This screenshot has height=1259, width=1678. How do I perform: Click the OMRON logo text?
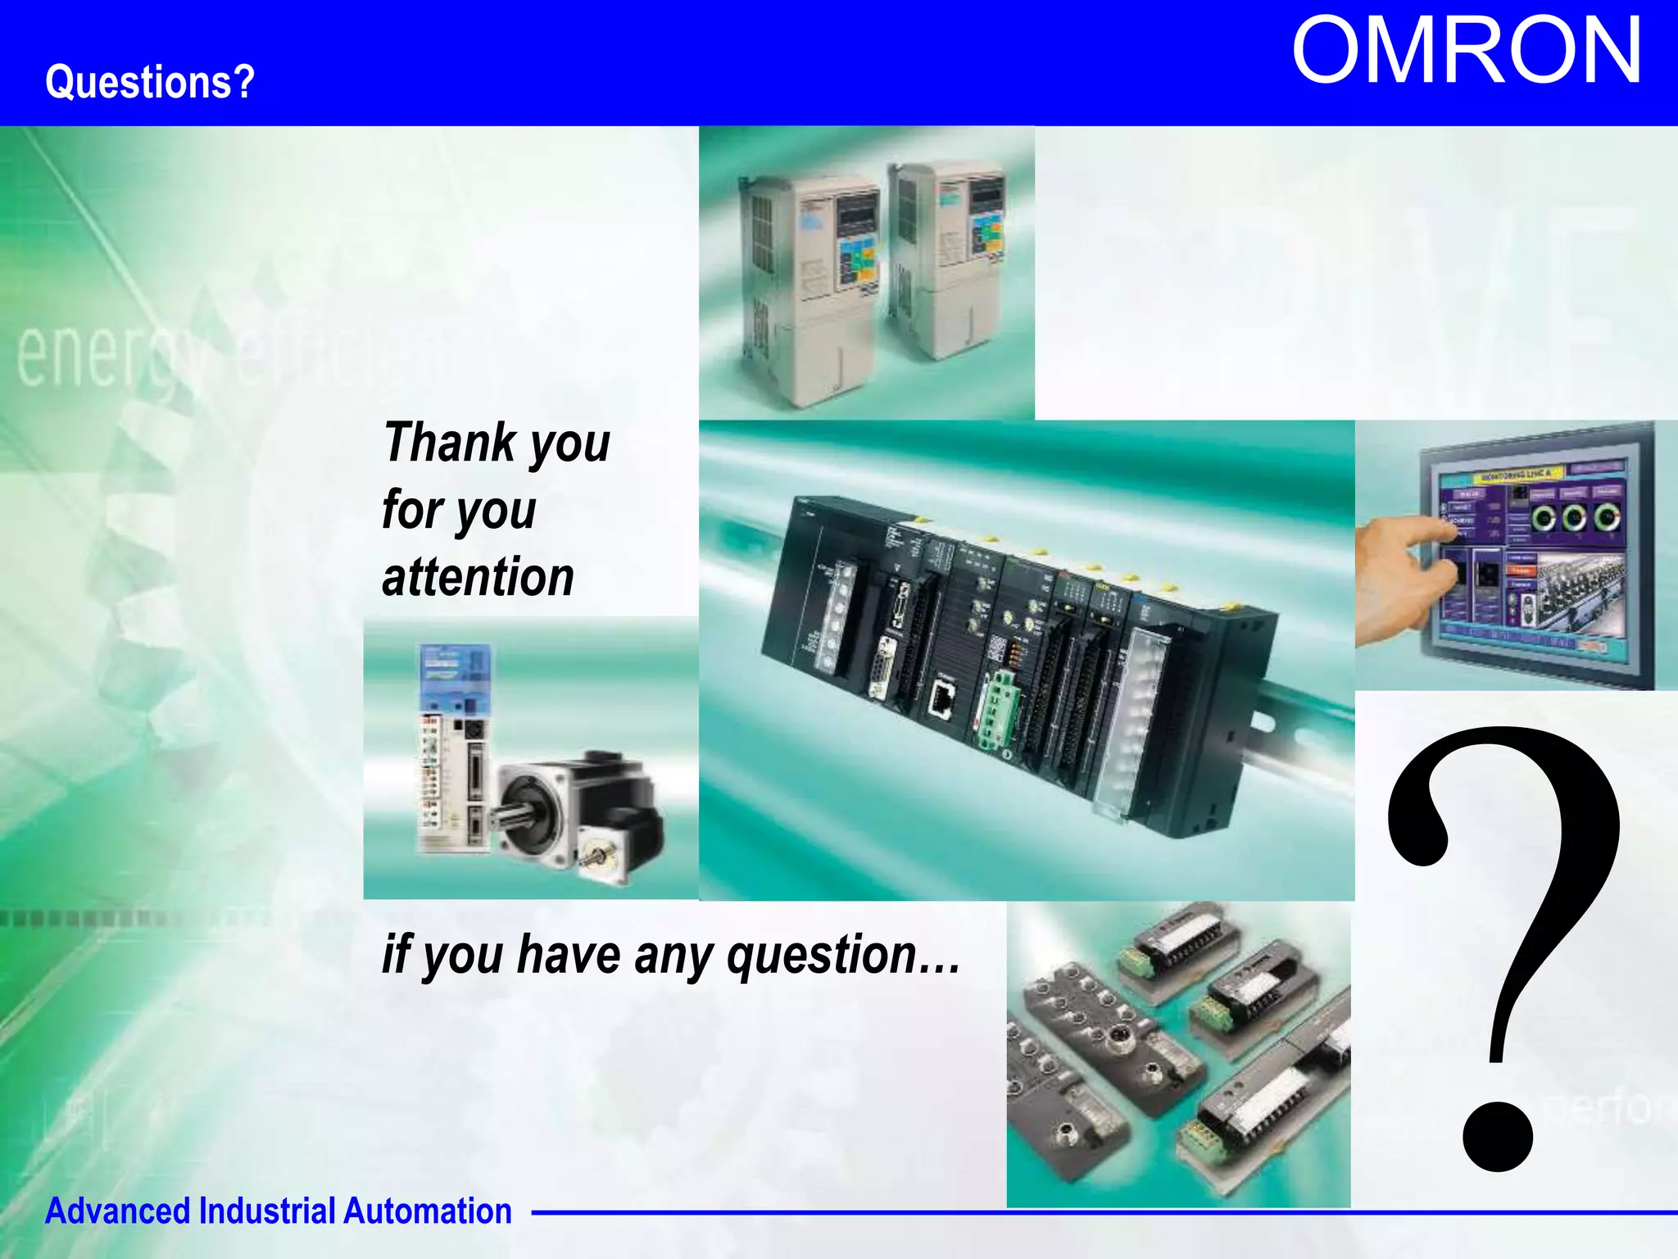click(1466, 51)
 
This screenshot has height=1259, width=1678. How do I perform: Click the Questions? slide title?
click(150, 82)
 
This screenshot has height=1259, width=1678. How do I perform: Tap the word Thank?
click(450, 443)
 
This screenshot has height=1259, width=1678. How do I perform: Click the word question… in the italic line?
click(844, 956)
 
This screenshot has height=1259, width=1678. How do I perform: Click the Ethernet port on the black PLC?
click(943, 700)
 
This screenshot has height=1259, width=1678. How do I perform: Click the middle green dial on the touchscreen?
click(1574, 517)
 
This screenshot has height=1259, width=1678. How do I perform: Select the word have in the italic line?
click(569, 956)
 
